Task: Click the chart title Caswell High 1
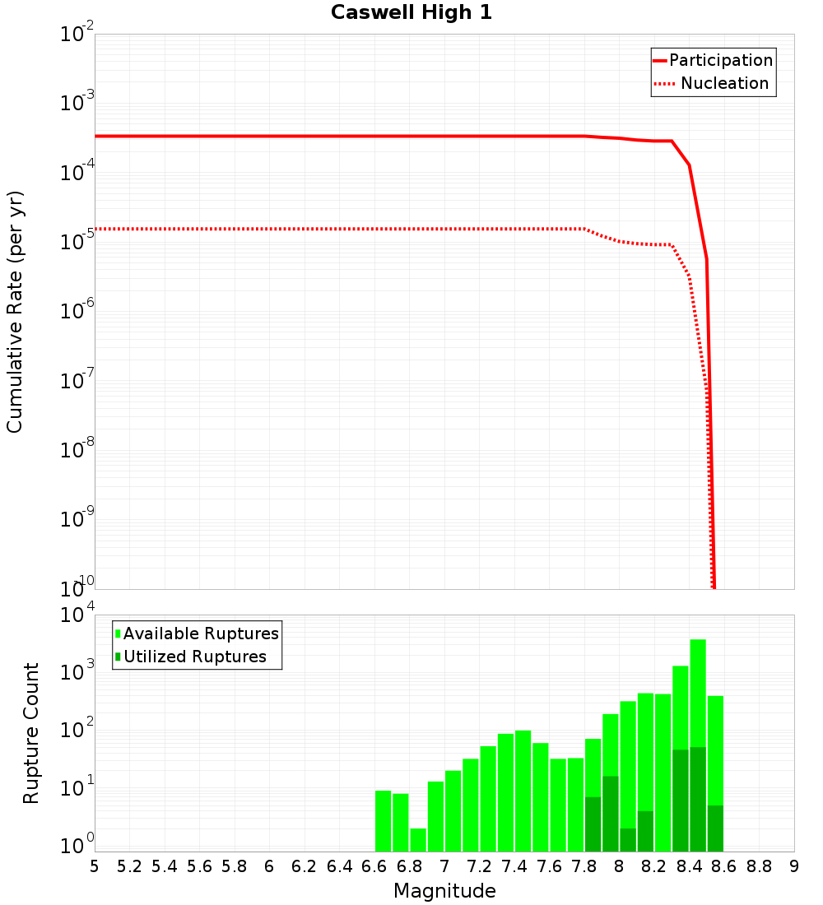coord(411,13)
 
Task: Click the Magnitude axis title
coord(444,891)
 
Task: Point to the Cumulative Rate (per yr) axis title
coord(16,312)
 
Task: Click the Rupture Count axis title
coord(31,733)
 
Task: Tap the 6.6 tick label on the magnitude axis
coord(374,866)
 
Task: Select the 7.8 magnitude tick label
coord(584,866)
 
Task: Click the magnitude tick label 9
coord(794,866)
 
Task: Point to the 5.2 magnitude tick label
coord(129,866)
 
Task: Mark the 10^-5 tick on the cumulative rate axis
coord(77,241)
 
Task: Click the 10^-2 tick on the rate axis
coord(77,35)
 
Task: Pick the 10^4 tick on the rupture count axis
coord(77,615)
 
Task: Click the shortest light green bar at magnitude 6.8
coord(418,840)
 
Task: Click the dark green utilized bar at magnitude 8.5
coord(715,828)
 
